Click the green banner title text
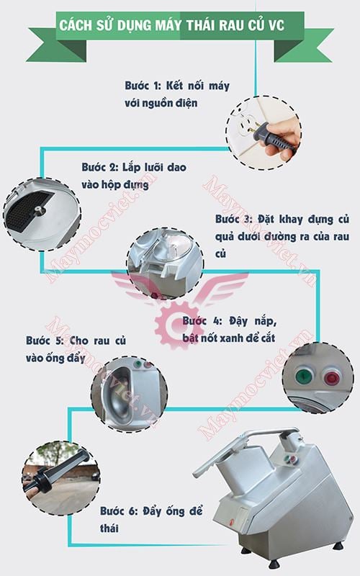click(171, 25)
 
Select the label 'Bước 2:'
click(99, 168)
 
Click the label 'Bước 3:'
click(233, 220)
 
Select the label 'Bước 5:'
click(43, 341)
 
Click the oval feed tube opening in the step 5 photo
click(117, 392)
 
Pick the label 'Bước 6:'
click(118, 511)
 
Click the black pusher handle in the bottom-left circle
click(55, 472)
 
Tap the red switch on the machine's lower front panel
click(231, 521)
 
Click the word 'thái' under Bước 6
click(109, 528)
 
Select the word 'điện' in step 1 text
click(186, 103)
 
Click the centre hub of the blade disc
click(38, 210)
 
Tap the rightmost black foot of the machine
click(338, 546)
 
